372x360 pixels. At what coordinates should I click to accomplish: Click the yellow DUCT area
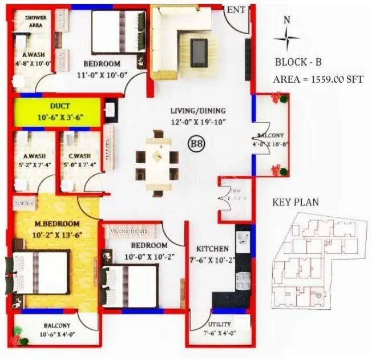58,111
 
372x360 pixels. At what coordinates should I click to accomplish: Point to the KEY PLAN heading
296,202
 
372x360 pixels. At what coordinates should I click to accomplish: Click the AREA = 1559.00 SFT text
318,79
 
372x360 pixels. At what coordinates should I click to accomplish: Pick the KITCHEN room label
213,249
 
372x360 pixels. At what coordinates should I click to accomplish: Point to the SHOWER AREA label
35,22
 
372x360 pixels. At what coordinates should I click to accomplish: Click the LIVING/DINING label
198,111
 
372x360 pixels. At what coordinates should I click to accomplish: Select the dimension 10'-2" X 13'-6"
55,234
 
